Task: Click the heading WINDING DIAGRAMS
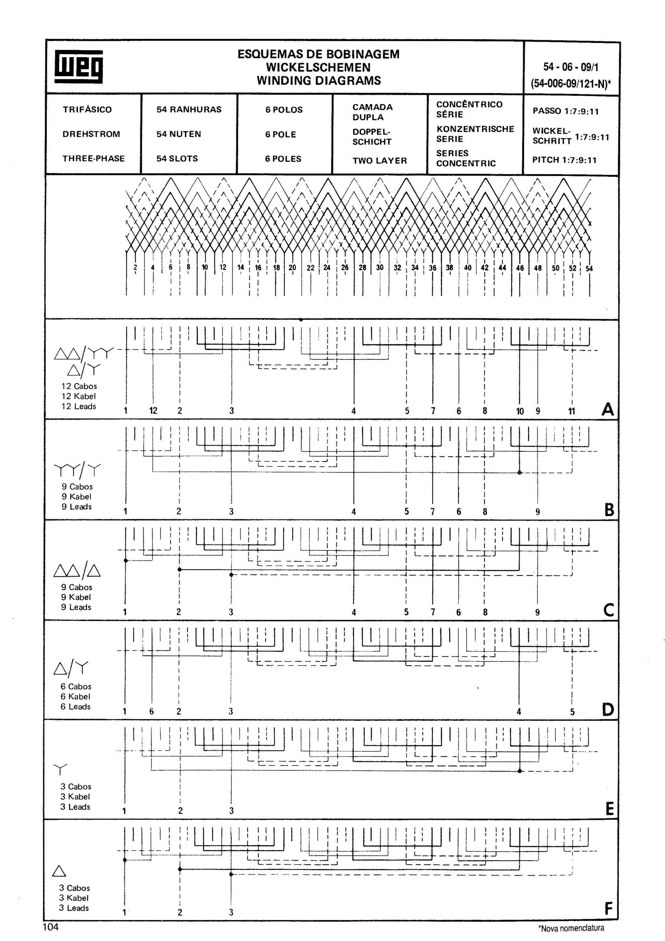(x=319, y=81)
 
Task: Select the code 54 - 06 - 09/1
(x=571, y=67)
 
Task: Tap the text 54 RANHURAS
(x=189, y=109)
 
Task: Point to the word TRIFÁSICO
(x=87, y=109)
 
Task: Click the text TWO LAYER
(x=379, y=161)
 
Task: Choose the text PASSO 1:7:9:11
(x=565, y=111)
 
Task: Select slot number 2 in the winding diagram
(x=135, y=268)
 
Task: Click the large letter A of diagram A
(x=608, y=409)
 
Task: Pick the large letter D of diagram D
(x=608, y=709)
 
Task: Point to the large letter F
(x=609, y=909)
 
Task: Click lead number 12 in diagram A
(x=153, y=411)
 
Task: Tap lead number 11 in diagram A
(x=571, y=411)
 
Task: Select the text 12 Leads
(x=79, y=407)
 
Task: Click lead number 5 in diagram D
(x=572, y=712)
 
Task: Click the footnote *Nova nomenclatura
(x=571, y=928)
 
